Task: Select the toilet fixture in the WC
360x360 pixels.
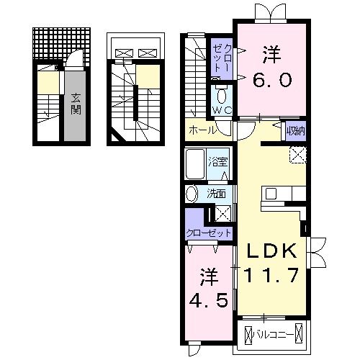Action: click(x=222, y=94)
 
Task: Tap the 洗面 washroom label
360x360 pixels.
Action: click(x=217, y=193)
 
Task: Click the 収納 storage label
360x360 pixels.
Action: click(x=293, y=130)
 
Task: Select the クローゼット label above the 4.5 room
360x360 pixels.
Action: click(x=209, y=233)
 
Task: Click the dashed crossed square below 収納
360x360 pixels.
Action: click(x=298, y=153)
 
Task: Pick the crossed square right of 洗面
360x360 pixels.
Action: click(x=224, y=212)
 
